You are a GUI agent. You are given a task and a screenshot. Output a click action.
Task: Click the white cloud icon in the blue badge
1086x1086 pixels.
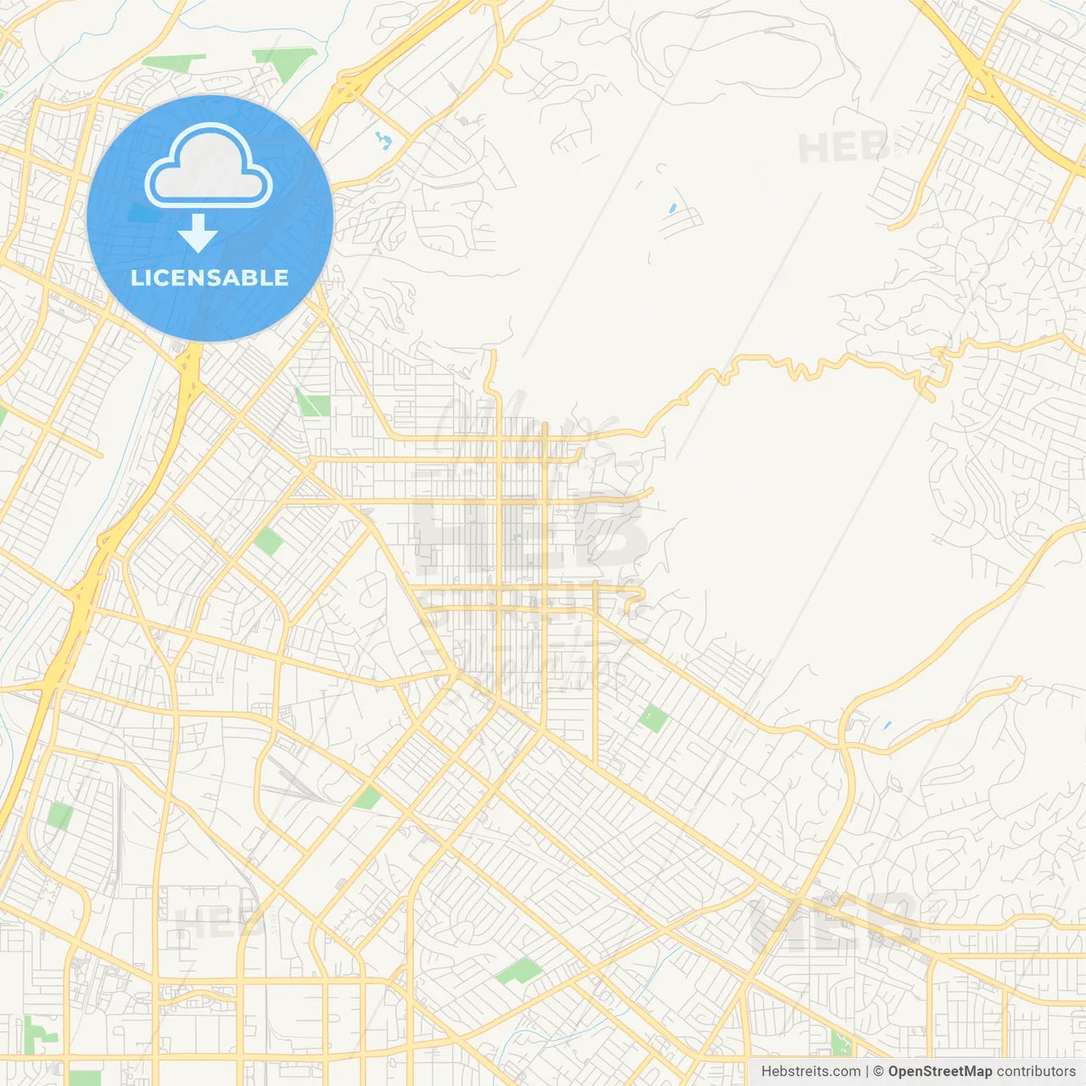[209, 165]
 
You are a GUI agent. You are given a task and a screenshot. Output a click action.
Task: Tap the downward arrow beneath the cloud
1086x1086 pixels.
[198, 234]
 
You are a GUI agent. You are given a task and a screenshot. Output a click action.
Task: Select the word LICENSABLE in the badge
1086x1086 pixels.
[210, 277]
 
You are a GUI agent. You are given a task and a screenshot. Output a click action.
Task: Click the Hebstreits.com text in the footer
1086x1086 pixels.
[810, 1072]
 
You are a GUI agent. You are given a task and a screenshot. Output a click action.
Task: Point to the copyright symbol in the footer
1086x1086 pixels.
[879, 1072]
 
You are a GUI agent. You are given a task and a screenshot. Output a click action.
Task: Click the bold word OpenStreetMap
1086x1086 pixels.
[940, 1072]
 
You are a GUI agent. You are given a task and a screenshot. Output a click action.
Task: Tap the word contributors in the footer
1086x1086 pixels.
[1036, 1072]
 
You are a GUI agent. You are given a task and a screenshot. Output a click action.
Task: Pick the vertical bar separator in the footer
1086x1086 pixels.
[868, 1072]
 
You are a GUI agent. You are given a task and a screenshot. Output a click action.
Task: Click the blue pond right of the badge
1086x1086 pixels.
[384, 140]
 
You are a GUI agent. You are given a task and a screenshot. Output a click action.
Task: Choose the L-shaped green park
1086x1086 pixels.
[38, 1031]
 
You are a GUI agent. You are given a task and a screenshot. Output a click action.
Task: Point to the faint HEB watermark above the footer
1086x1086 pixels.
[836, 921]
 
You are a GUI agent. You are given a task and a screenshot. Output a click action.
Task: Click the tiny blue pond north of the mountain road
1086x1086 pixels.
[673, 207]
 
